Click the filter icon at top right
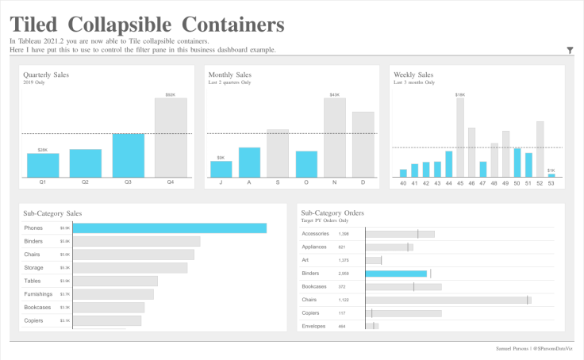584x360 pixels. (x=571, y=50)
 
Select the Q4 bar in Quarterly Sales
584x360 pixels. (x=171, y=137)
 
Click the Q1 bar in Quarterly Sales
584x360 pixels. (x=43, y=165)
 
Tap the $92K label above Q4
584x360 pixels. (x=171, y=94)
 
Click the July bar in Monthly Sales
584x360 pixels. (x=221, y=169)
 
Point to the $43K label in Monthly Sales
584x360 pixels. (x=334, y=94)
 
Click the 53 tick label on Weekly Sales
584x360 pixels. (x=551, y=183)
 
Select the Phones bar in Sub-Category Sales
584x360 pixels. (x=169, y=228)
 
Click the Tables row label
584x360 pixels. (x=33, y=281)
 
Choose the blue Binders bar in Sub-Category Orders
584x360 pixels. (x=396, y=274)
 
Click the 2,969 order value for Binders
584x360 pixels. (x=344, y=274)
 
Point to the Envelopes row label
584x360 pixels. (x=314, y=326)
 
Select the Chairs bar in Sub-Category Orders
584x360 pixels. (x=448, y=300)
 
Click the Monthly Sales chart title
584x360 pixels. (x=232, y=75)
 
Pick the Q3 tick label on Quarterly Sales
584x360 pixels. (x=128, y=183)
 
